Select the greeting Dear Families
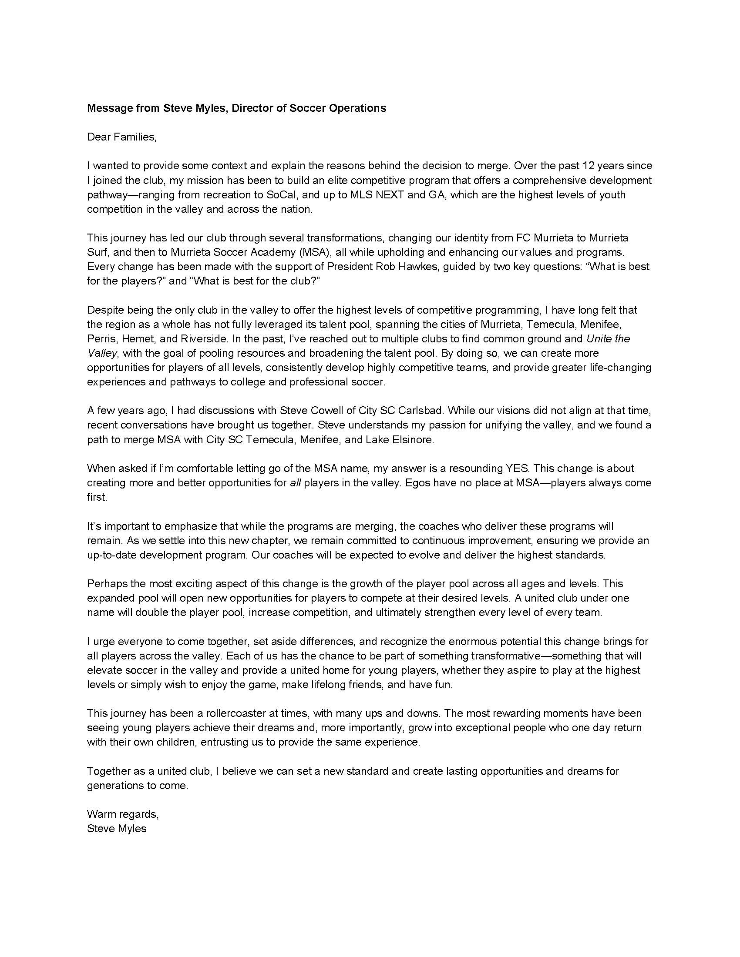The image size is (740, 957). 121,137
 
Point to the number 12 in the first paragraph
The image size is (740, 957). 588,166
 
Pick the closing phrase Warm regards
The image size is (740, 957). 122,814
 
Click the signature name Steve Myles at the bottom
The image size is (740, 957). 117,829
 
